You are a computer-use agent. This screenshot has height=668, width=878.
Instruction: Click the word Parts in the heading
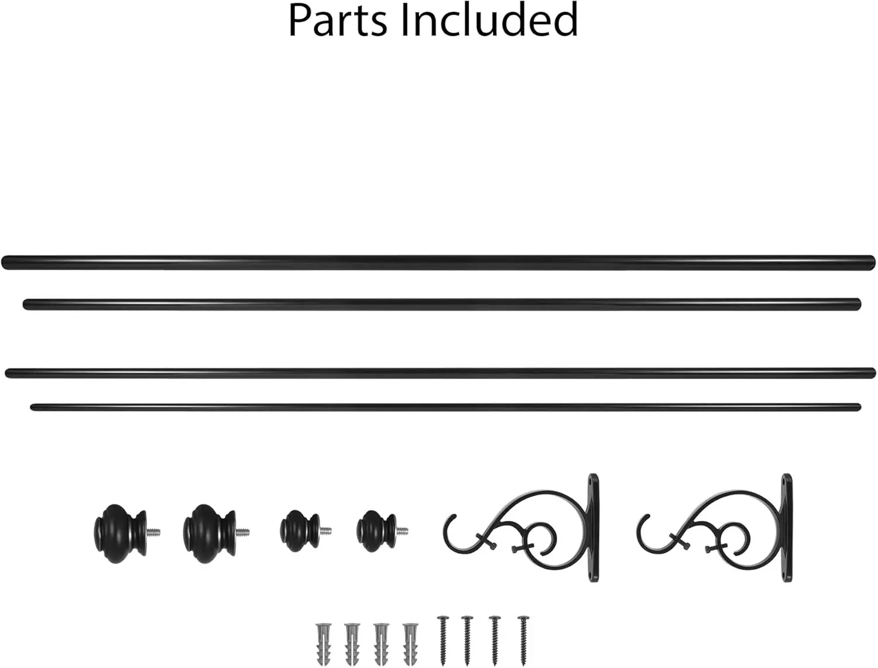click(x=338, y=20)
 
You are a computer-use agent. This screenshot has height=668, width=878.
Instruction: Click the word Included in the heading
click(x=489, y=20)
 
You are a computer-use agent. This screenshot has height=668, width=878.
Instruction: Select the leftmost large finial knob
click(x=121, y=533)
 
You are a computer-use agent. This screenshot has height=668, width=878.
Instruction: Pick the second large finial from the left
click(x=210, y=533)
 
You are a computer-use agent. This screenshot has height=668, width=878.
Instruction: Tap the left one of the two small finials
click(x=300, y=531)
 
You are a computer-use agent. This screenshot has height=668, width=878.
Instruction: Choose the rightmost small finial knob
click(x=377, y=531)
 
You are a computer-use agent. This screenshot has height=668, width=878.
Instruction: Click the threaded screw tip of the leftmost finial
click(x=153, y=532)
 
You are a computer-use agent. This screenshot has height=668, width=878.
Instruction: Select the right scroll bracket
click(x=715, y=528)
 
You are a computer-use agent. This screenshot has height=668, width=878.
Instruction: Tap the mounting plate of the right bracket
click(x=787, y=528)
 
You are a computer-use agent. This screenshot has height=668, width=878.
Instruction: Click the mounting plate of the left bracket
click(x=594, y=528)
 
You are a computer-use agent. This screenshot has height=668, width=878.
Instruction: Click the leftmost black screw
click(x=443, y=641)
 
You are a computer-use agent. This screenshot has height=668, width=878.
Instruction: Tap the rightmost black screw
click(x=523, y=641)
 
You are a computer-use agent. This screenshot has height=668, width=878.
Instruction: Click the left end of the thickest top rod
click(x=3, y=262)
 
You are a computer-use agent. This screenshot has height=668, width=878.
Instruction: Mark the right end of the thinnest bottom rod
click(x=859, y=407)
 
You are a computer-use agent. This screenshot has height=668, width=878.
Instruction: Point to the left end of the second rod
click(x=25, y=304)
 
